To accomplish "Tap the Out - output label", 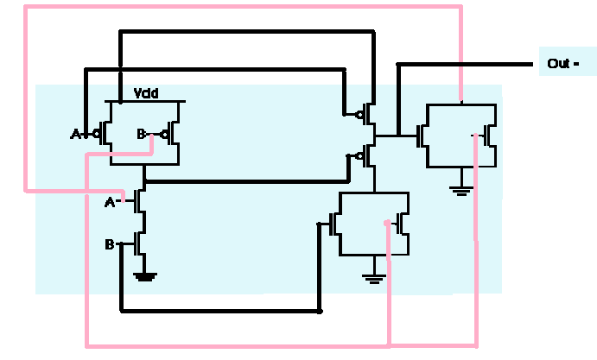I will [560, 63].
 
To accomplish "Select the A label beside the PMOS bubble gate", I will [75, 134].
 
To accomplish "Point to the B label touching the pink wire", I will [142, 134].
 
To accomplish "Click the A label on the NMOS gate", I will [111, 202].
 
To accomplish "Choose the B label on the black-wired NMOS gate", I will [110, 244].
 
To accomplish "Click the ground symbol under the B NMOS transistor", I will [144, 277].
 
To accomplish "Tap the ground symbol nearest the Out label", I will [461, 189].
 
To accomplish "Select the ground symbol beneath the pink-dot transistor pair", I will [373, 277].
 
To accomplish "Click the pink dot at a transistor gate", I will [386, 224].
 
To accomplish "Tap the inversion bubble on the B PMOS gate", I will [162, 134].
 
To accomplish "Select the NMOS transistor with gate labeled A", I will [139, 202].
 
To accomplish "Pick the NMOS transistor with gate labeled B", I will [139, 244].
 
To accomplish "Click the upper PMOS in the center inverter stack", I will [368, 113].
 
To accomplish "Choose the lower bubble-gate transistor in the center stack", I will [368, 156].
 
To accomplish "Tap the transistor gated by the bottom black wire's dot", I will [337, 224].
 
